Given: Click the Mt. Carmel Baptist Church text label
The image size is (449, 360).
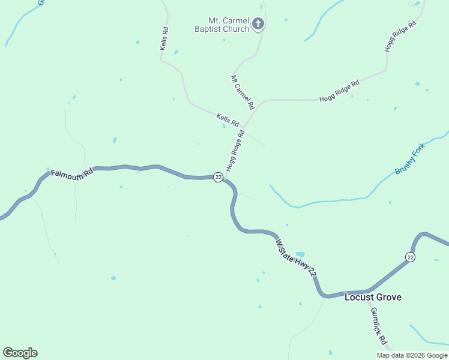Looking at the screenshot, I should point(221,25).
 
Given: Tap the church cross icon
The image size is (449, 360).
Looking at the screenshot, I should point(258,25).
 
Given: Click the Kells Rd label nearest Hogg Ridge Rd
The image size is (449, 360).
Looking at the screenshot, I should point(228,119).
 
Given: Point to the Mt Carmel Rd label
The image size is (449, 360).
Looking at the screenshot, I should point(243,92).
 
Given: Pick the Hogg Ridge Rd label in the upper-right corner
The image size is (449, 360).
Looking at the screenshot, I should point(400,37).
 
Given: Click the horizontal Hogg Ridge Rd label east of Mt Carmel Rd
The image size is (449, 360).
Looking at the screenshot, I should point(339,91).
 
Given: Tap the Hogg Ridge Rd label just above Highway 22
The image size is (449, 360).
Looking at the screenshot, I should point(235,151).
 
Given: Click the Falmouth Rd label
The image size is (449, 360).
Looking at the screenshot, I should point(71,173).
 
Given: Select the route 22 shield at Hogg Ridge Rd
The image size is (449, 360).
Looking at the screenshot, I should point(218,177).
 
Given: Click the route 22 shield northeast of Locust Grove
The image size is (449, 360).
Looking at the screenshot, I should point(410,257).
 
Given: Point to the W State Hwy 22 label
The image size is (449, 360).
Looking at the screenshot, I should point(295,257).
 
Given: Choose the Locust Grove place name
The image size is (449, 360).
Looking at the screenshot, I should point(373,297).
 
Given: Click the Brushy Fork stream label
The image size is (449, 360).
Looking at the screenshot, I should point(409,159).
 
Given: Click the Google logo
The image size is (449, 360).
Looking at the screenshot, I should point(20,353).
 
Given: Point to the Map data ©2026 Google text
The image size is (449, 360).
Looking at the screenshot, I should point(411,355).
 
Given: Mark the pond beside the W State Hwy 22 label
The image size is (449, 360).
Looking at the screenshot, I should point(300,254).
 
